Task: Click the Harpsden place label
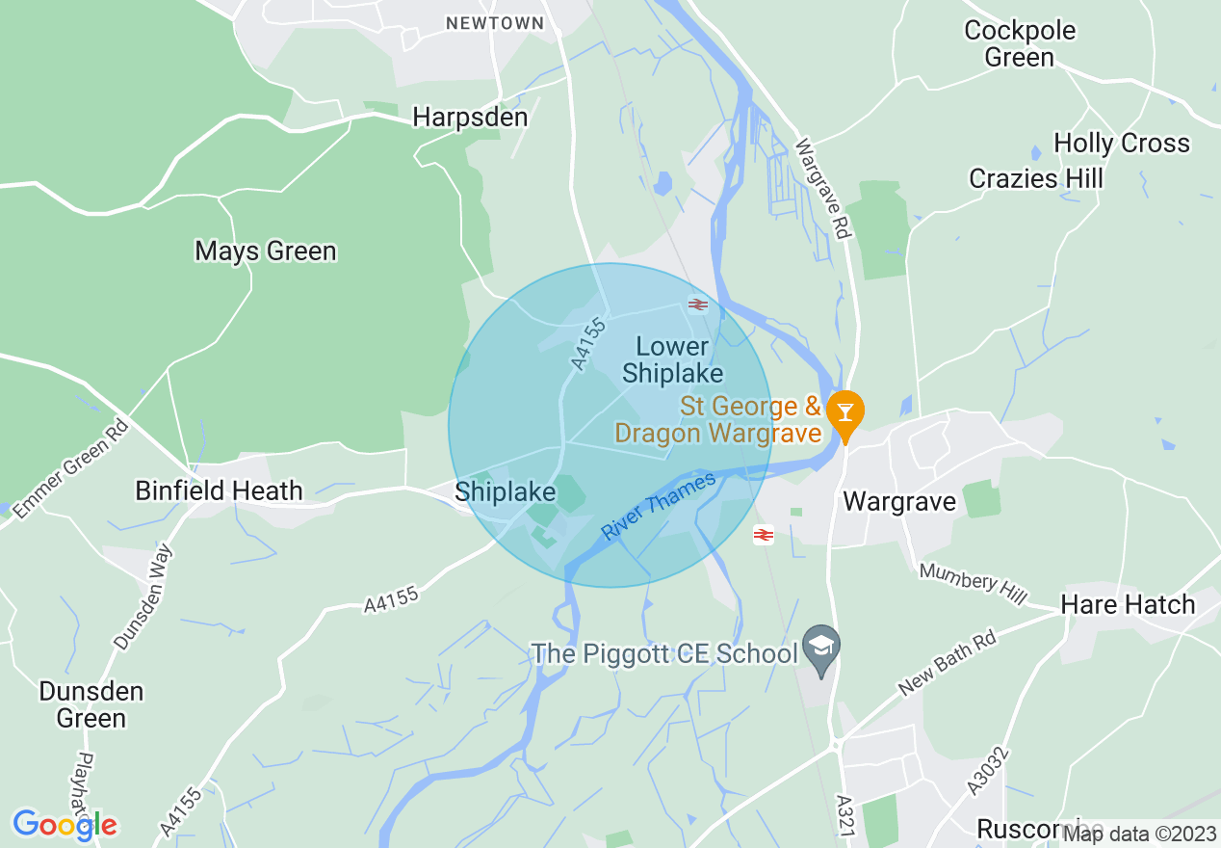tap(470, 118)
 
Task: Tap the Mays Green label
tap(266, 252)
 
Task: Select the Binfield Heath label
tap(219, 490)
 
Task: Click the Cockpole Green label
tap(1020, 44)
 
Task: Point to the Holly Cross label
tap(1122, 144)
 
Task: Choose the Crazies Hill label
tap(1036, 179)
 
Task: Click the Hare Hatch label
tap(1128, 605)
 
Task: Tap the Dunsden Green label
tap(91, 704)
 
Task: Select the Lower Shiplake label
tap(672, 359)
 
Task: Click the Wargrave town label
tap(899, 501)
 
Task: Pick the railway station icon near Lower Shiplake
tap(698, 305)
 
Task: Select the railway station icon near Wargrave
tap(764, 535)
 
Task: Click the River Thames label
tap(659, 505)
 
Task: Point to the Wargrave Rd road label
tap(824, 188)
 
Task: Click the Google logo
tap(65, 825)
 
